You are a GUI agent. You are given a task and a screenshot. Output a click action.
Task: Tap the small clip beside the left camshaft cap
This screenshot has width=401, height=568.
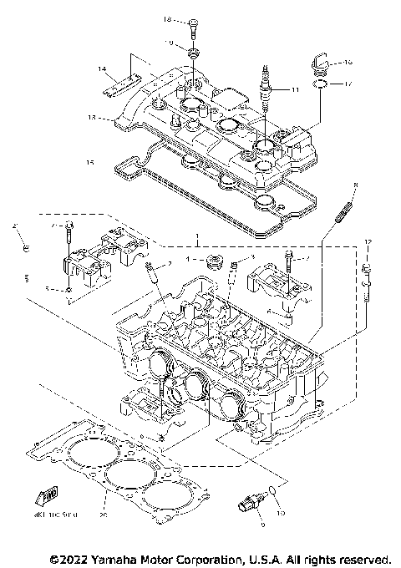pos(25,248)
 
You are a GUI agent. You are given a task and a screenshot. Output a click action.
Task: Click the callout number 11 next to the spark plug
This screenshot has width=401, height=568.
pos(293,89)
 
